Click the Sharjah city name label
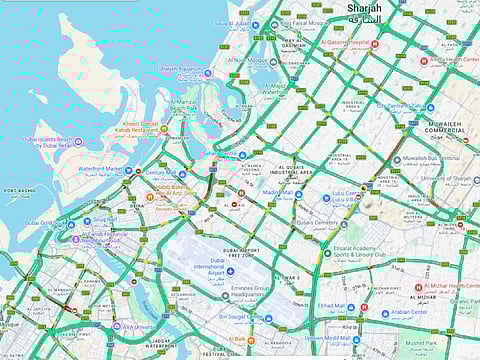pos(364,10)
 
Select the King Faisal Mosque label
pos(297,22)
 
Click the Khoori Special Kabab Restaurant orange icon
pos(164,129)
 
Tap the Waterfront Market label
pos(99,169)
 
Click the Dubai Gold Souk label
pos(45,223)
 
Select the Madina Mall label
pos(277,193)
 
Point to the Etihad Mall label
pos(331,306)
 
